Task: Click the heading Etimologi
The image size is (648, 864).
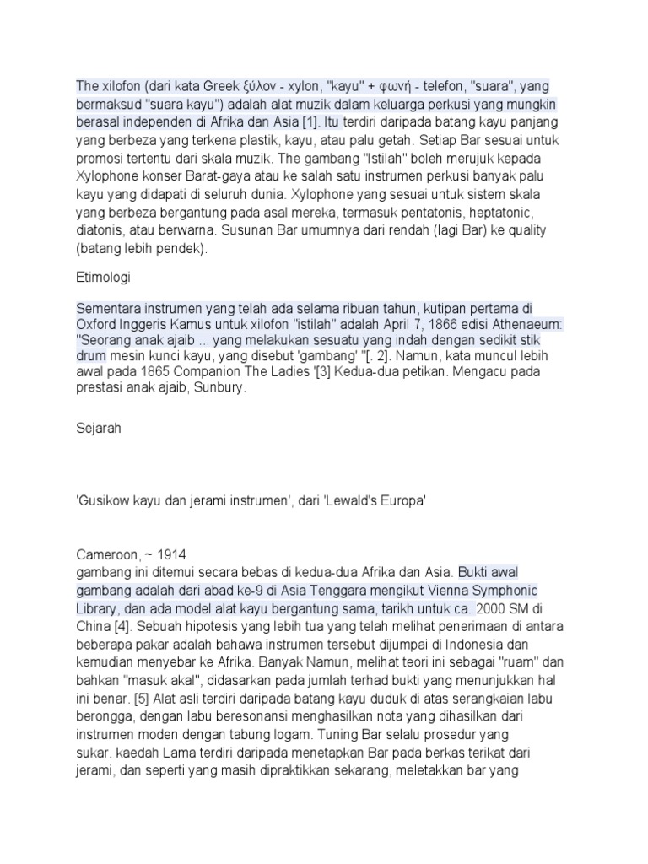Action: pyautogui.click(x=103, y=276)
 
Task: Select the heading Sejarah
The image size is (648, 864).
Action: pyautogui.click(x=99, y=428)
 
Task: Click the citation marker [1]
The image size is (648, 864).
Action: pyautogui.click(x=310, y=121)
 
